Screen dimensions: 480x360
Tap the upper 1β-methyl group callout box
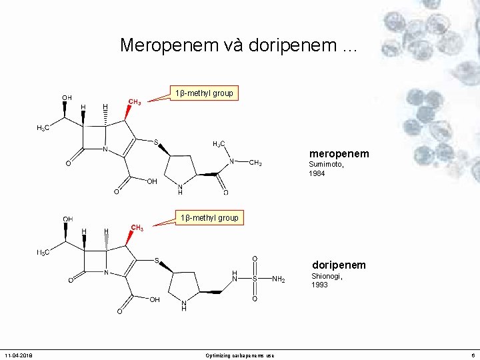click(x=203, y=93)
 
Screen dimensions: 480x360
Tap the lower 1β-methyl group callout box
click(x=209, y=218)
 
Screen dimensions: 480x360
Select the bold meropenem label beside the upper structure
click(x=339, y=154)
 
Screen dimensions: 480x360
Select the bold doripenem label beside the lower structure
click(x=339, y=265)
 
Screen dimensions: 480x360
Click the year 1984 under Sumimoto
click(x=317, y=173)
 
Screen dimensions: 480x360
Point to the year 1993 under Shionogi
click(x=319, y=285)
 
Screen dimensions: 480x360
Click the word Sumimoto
click(x=327, y=165)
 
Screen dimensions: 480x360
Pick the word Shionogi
click(x=327, y=276)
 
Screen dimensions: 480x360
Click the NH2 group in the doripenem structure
click(x=279, y=279)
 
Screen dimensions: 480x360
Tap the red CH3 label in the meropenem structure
click(x=134, y=102)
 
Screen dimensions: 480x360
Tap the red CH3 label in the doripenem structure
click(x=137, y=228)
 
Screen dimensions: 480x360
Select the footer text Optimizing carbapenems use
click(x=240, y=355)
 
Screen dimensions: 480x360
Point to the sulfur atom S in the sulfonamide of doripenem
click(x=254, y=279)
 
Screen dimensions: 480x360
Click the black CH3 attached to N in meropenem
click(x=255, y=163)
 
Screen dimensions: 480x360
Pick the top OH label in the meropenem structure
click(x=67, y=97)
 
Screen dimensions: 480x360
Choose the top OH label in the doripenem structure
click(x=67, y=219)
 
